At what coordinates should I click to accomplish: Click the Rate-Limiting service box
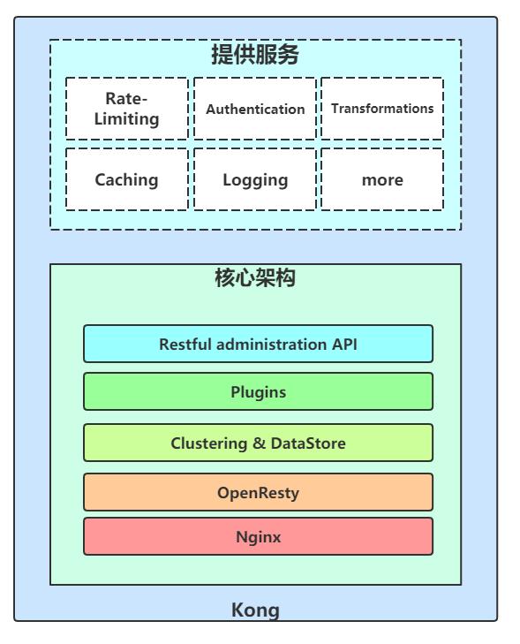point(127,109)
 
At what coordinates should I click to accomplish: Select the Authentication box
point(255,109)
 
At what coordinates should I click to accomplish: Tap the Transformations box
point(382,109)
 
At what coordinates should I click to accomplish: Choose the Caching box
point(127,179)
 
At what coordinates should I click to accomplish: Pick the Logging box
point(255,179)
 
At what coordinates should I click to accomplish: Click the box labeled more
point(382,179)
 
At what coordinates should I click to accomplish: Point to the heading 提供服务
point(255,56)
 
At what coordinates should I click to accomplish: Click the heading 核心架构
point(255,279)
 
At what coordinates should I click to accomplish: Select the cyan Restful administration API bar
point(258,344)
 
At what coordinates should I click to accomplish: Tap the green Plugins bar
point(258,391)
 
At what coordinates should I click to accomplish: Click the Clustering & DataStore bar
point(258,443)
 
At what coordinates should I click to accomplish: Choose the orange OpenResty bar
point(258,492)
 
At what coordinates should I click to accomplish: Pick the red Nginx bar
point(258,536)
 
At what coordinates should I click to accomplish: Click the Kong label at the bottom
point(255,610)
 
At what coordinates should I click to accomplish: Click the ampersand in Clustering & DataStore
point(260,443)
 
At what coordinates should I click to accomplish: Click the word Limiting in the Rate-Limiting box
point(127,118)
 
